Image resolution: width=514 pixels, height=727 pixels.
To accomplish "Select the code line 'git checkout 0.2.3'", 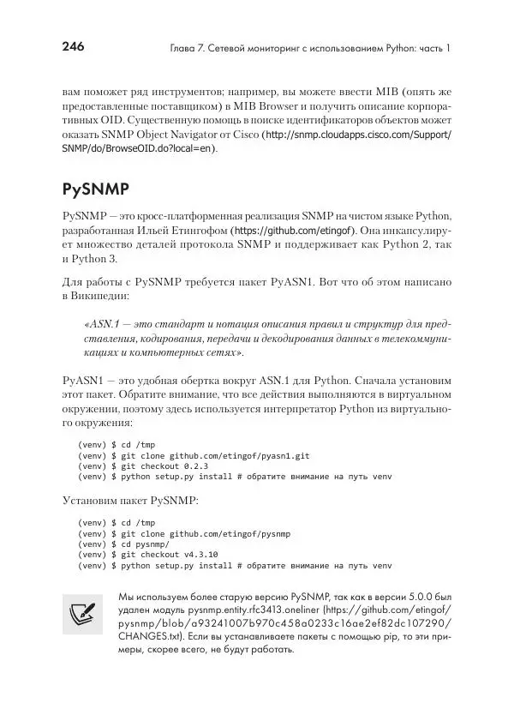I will click(x=163, y=466).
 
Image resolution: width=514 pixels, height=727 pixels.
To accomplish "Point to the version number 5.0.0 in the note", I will click(x=421, y=596).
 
